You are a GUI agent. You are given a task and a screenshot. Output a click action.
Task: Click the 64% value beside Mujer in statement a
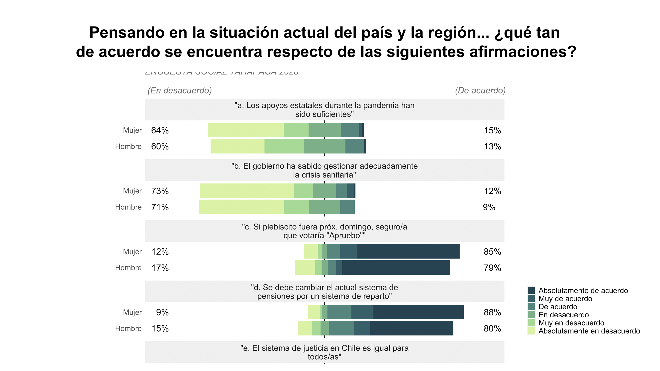(160, 130)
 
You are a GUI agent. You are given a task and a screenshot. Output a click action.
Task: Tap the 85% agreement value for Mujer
(492, 252)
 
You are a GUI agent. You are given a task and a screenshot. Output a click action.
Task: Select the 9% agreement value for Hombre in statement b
(489, 207)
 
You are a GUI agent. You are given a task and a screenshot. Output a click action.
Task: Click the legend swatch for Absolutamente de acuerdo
(531, 290)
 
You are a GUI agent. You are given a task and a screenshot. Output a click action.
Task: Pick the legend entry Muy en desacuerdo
(571, 323)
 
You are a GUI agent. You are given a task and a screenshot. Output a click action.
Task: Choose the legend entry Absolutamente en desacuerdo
(589, 331)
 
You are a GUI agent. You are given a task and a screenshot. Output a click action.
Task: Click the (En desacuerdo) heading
(180, 90)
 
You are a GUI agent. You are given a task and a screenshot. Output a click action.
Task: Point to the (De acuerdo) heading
(480, 90)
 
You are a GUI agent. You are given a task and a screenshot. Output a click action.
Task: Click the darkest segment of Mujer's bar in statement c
(408, 251)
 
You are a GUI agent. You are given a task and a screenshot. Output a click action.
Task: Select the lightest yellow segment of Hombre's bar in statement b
(241, 207)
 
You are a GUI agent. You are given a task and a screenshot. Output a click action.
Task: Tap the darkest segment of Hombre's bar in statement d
(411, 328)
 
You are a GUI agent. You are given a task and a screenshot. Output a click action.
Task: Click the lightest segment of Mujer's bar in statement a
(245, 130)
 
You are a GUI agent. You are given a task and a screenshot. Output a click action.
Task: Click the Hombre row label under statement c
(128, 268)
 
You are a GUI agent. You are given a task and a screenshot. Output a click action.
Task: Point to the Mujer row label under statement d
(132, 312)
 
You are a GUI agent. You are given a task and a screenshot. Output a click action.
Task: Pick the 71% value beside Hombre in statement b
(160, 207)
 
